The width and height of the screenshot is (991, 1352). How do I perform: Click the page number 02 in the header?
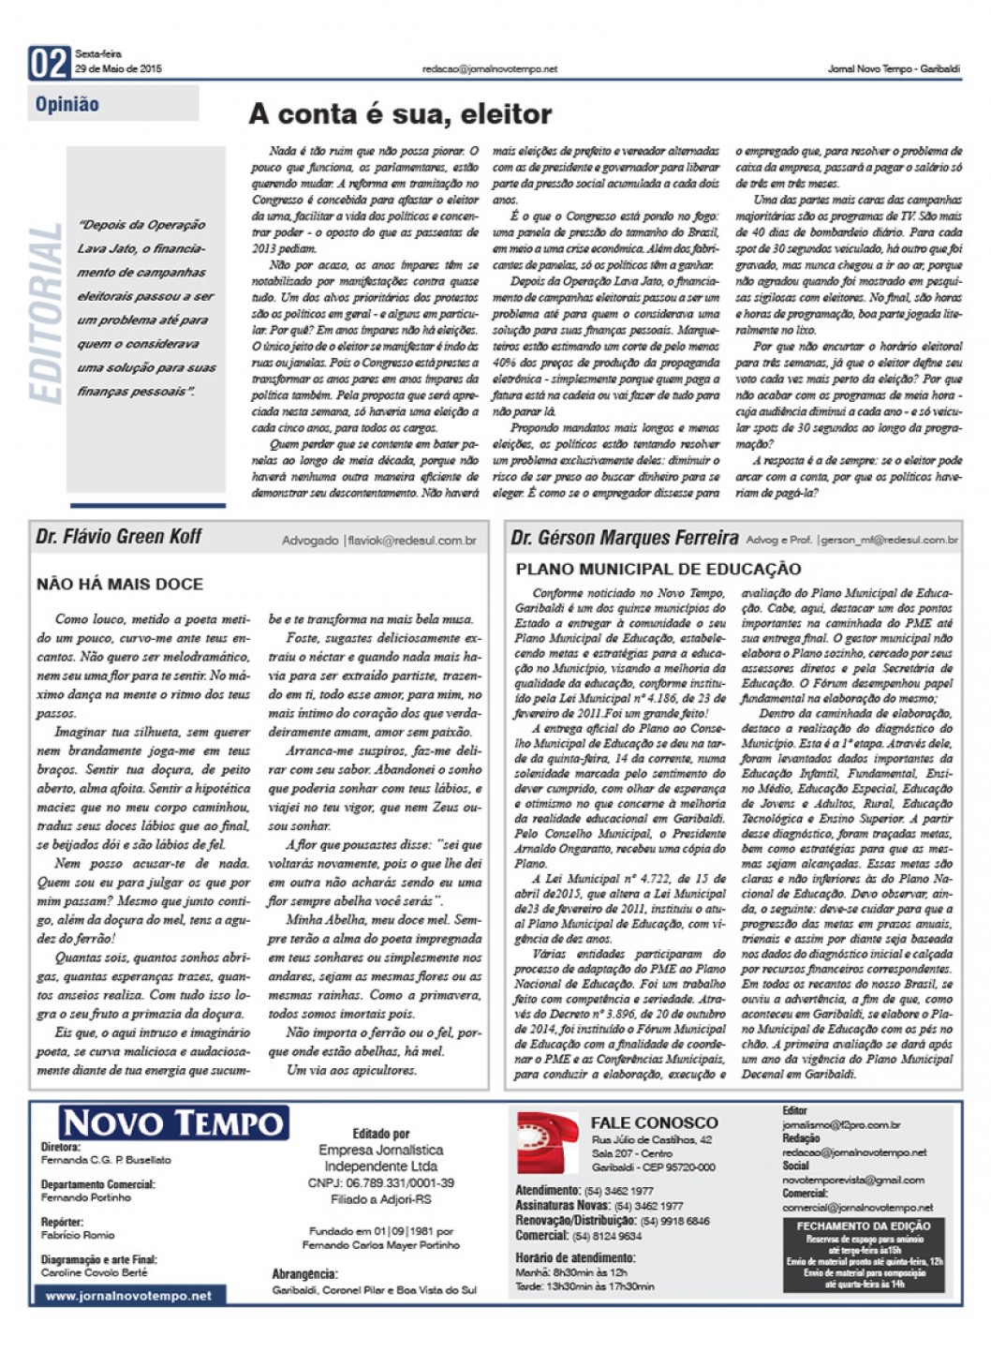[x=50, y=64]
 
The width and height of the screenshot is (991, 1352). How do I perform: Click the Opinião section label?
[x=67, y=104]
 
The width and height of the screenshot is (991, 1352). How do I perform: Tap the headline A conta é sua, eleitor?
[x=399, y=114]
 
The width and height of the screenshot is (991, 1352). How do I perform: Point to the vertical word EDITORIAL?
[x=46, y=313]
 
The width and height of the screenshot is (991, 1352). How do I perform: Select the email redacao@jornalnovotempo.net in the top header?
[x=489, y=68]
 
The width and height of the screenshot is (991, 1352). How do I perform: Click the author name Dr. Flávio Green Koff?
[x=119, y=537]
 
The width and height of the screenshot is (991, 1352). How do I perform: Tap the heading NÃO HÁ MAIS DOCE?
[x=120, y=584]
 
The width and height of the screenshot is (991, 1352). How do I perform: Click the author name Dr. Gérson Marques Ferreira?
[x=624, y=538]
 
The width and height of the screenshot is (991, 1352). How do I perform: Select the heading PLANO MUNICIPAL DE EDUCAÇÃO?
[x=658, y=569]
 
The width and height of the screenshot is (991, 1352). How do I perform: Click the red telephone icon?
[x=548, y=1143]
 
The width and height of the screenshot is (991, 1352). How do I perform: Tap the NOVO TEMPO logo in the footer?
[x=174, y=1122]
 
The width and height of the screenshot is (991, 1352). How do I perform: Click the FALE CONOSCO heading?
[x=654, y=1122]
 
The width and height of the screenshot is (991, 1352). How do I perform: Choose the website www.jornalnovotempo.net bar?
[x=128, y=1296]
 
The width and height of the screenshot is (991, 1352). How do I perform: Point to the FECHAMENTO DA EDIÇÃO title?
[x=863, y=1226]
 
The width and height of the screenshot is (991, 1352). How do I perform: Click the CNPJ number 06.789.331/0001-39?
[x=380, y=1183]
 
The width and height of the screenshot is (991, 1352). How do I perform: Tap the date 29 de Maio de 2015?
[x=118, y=68]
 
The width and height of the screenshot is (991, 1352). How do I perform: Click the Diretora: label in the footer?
[x=61, y=1146]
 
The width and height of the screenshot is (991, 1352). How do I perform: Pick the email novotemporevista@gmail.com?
[x=852, y=1180]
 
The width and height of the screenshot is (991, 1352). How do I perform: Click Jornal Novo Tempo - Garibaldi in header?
[x=893, y=68]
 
